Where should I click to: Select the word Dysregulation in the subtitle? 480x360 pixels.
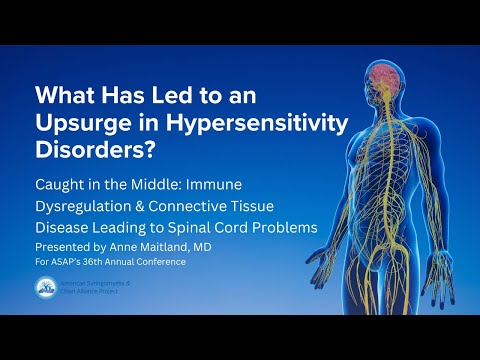coord(90,207)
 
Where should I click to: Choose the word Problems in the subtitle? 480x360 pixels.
coord(286,228)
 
